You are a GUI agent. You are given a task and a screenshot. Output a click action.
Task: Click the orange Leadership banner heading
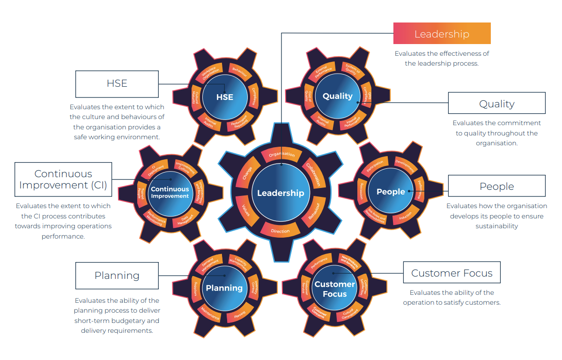click(442, 34)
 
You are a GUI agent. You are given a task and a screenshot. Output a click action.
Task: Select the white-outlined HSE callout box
click(117, 83)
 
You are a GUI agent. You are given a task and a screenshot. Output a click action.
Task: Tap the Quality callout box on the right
click(496, 103)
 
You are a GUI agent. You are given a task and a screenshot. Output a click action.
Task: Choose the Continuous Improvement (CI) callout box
click(63, 180)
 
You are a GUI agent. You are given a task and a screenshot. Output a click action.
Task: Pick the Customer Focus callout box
click(451, 273)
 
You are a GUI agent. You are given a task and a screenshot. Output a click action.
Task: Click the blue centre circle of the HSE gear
click(225, 97)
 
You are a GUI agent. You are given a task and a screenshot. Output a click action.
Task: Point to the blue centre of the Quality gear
click(337, 96)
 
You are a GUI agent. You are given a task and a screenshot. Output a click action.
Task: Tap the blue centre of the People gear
click(391, 192)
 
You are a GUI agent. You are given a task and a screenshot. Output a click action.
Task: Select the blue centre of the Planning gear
click(224, 288)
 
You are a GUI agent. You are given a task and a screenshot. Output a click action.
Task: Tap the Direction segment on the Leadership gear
click(280, 231)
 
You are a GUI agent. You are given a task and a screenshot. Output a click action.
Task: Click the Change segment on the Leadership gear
click(247, 174)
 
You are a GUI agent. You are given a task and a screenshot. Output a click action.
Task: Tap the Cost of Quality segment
click(308, 96)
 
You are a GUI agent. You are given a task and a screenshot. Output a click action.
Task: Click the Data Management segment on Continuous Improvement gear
click(185, 218)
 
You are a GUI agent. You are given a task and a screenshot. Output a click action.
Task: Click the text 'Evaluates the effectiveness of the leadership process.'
click(442, 59)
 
